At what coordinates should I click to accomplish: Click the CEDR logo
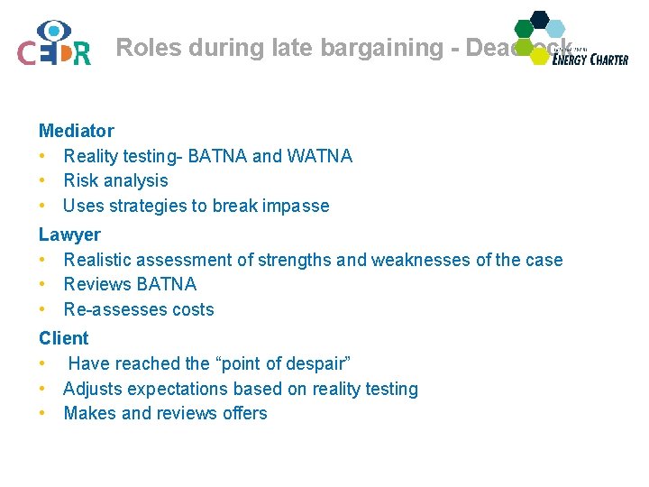point(54,44)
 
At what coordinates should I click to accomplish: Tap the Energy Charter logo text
point(590,59)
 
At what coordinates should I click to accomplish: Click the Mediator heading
point(77,131)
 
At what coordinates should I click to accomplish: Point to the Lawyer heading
point(69,234)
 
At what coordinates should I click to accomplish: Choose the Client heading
point(64,338)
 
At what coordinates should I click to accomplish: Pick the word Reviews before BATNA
point(96,284)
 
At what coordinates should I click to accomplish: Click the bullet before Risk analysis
point(43,180)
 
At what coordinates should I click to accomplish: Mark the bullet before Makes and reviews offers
point(43,413)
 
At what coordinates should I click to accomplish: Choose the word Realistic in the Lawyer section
point(101,260)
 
